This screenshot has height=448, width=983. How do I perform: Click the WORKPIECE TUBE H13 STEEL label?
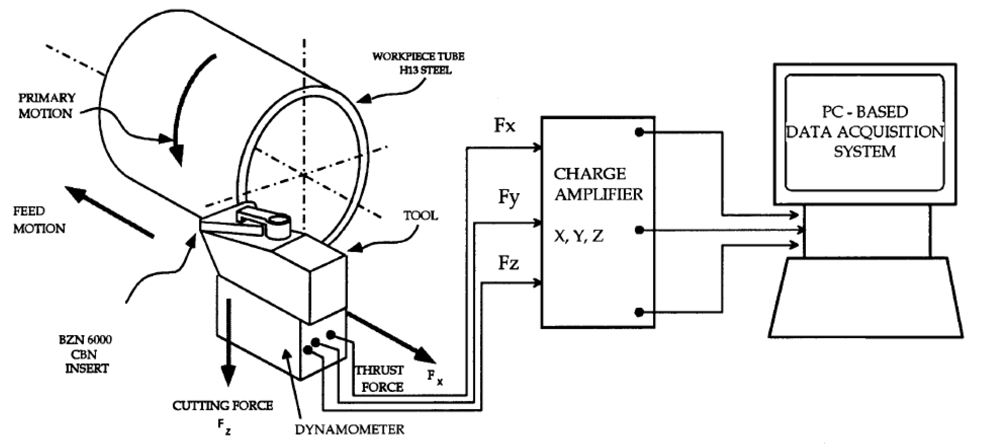[419, 63]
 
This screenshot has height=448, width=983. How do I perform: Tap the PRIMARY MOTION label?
[46, 106]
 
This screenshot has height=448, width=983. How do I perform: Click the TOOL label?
[421, 216]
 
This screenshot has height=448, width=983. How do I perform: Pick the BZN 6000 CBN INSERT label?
[86, 354]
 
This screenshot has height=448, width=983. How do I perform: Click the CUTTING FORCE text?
[223, 406]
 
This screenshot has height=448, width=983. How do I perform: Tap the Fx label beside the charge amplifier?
[504, 126]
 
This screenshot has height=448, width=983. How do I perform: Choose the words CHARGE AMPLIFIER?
[598, 184]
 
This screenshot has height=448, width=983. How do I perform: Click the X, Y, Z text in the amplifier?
[579, 236]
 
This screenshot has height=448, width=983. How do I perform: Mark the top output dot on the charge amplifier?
[639, 132]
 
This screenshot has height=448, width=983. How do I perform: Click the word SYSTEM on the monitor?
[864, 152]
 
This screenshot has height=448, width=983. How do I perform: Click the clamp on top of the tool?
[263, 225]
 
